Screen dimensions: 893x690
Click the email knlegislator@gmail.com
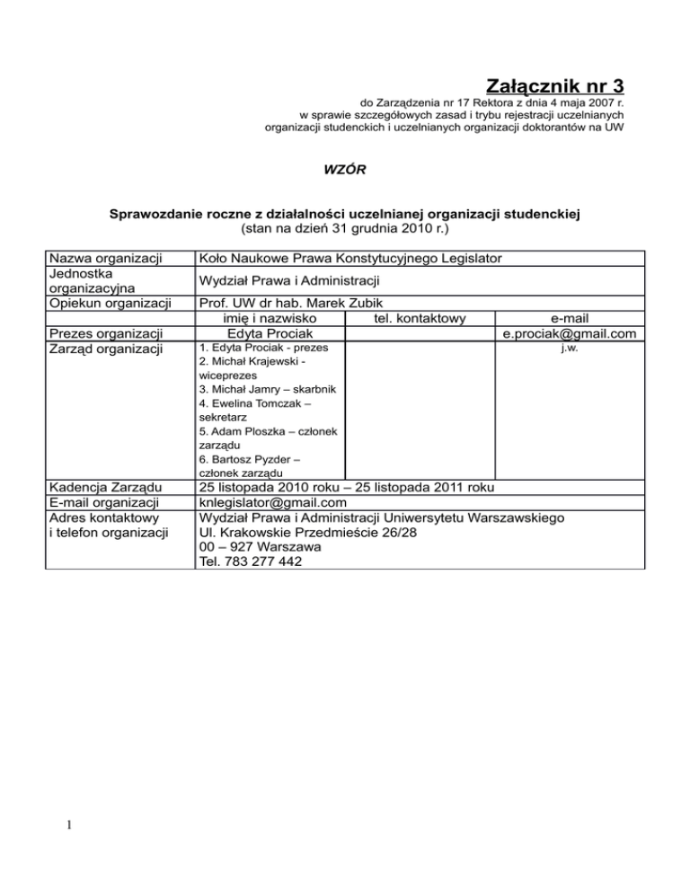point(273,503)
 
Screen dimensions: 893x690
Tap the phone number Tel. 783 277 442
point(251,561)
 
